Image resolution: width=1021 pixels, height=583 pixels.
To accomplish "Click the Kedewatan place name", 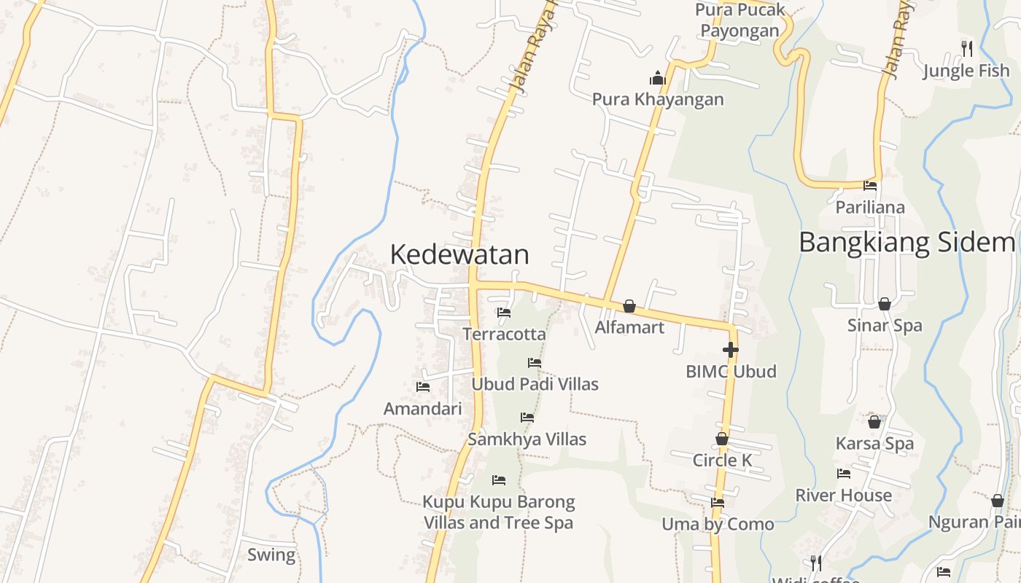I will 459,255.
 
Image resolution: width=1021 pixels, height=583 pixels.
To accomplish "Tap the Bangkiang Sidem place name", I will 907,242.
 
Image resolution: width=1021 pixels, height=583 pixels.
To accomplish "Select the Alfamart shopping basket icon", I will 629,306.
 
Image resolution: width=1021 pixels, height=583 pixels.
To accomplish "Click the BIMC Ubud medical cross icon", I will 730,350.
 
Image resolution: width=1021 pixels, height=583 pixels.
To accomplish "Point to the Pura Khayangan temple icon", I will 658,78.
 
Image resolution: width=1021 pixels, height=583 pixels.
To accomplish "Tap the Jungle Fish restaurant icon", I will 967,49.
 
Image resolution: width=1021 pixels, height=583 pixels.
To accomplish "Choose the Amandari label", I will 423,409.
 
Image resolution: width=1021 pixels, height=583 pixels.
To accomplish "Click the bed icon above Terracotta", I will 504,313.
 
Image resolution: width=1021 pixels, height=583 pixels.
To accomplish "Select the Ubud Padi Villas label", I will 535,384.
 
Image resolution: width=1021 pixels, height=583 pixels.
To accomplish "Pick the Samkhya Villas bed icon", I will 527,418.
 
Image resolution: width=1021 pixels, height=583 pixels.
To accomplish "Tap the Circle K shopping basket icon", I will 722,439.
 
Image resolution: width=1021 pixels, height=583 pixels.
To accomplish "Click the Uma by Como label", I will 718,524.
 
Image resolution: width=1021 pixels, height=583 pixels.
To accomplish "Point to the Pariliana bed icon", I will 870,186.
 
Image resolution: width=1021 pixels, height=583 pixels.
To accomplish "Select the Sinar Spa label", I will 885,326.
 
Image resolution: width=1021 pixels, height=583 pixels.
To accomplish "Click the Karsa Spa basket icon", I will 874,421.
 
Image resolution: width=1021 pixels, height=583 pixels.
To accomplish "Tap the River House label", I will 843,496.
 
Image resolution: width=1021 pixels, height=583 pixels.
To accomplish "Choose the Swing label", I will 271,555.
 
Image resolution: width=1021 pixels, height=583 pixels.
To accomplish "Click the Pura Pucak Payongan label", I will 740,20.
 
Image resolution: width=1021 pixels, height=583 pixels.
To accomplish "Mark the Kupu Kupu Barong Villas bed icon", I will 499,480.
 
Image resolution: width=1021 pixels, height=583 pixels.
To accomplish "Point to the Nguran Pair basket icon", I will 998,501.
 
